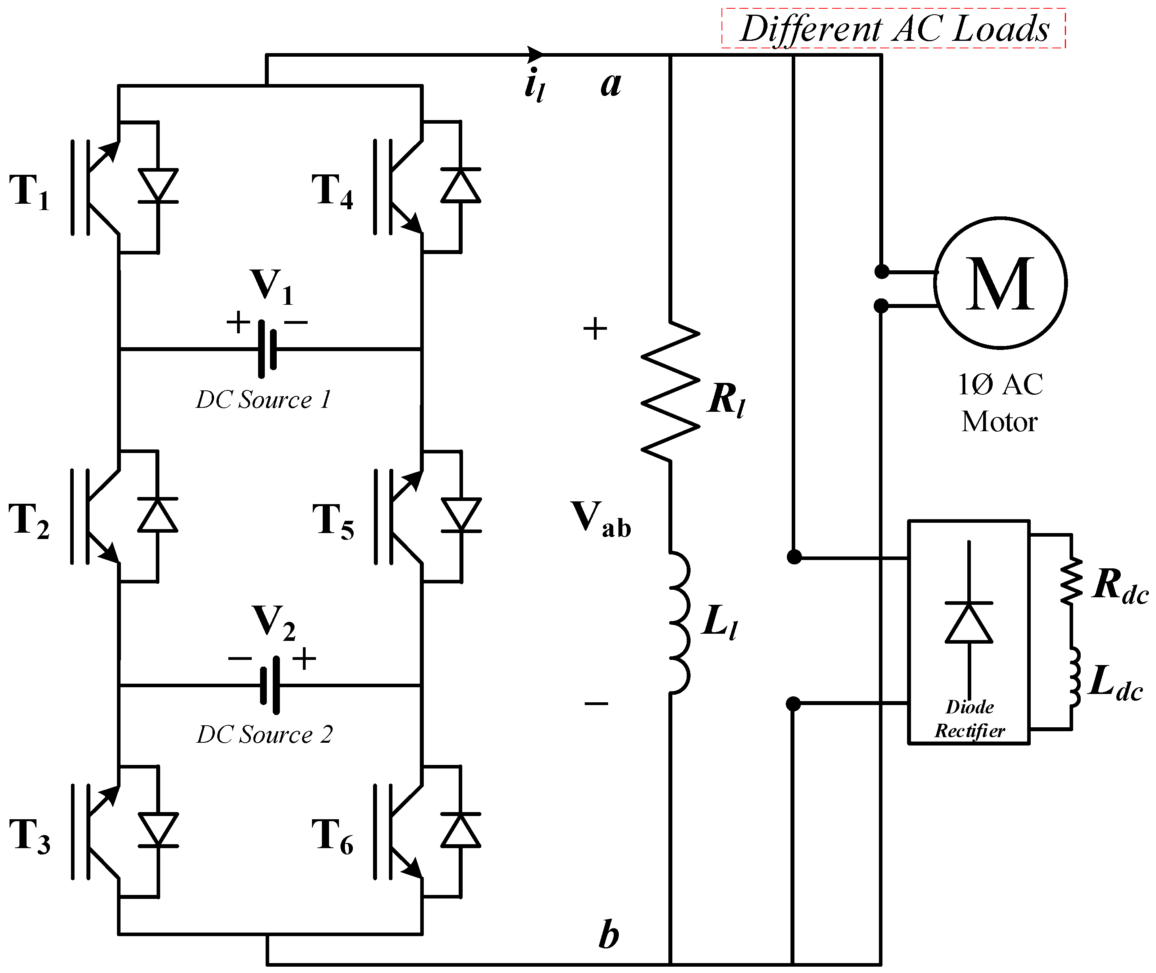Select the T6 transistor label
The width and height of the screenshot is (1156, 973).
point(333,837)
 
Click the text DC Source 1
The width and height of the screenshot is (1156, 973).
point(263,400)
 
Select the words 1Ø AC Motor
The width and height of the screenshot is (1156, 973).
point(1000,403)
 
